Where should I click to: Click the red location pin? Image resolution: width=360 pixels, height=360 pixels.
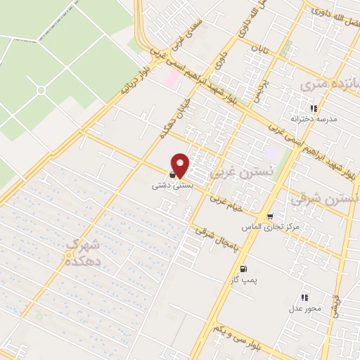tap(181, 165)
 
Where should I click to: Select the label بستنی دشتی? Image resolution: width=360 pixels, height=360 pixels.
tap(169, 187)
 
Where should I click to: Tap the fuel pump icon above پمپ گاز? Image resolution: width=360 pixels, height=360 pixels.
tap(243, 269)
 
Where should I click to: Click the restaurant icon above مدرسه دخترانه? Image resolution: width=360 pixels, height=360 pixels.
tap(314, 108)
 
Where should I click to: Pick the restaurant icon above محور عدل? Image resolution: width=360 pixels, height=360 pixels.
tap(304, 298)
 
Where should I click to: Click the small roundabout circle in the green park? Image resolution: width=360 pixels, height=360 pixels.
tap(40, 91)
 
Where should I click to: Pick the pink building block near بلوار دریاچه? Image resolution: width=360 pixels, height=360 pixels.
tap(170, 78)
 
